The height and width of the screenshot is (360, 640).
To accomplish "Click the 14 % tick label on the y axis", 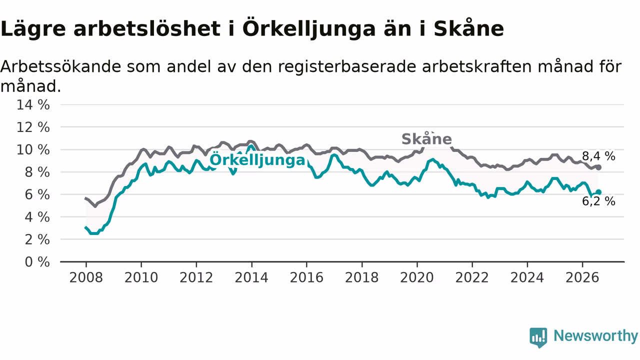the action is (33, 105).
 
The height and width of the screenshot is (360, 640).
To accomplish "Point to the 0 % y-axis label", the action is (37, 262).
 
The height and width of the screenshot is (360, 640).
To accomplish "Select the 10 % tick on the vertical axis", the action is (33, 149).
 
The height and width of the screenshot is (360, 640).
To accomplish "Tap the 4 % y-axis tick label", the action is (37, 217).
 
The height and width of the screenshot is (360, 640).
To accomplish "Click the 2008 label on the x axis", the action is (86, 277).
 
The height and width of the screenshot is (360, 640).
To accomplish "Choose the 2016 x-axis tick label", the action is (306, 277).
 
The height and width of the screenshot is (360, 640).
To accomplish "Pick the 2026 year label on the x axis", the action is (582, 277).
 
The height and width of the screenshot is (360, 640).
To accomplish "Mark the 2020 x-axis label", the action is (417, 277).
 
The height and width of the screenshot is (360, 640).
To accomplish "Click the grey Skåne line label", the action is (426, 139).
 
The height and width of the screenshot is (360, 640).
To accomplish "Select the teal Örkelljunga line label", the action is (257, 159).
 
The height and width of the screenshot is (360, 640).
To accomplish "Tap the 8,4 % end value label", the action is (598, 156).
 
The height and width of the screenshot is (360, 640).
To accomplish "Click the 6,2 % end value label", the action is (598, 201).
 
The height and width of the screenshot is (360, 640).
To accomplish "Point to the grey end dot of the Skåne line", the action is (598, 167).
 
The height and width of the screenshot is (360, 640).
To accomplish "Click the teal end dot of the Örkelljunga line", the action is (598, 192).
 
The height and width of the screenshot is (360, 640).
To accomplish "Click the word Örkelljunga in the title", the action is (309, 29).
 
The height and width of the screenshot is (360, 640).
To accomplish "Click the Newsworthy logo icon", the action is (538, 337).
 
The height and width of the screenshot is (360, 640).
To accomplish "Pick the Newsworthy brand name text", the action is (596, 336).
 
